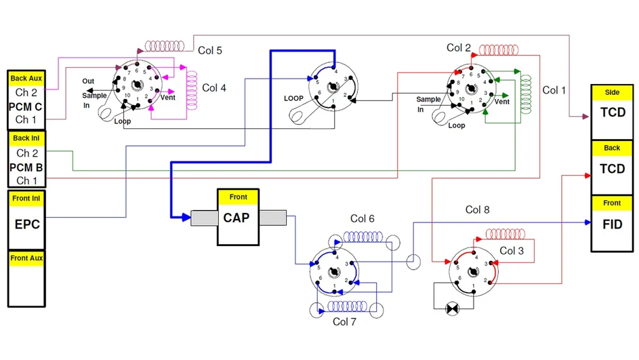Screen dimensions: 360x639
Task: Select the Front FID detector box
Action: [x=612, y=224]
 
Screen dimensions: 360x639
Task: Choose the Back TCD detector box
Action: [x=612, y=168]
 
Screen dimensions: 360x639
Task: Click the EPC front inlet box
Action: [x=28, y=223]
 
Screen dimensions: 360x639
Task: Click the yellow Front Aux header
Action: [x=28, y=258]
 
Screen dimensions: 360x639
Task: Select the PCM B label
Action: [x=26, y=167]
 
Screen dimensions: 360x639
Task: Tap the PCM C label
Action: [x=26, y=106]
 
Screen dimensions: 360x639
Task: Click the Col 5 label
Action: [x=210, y=50]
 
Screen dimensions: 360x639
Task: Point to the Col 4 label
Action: [x=215, y=87]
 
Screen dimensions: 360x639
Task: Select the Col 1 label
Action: [x=554, y=90]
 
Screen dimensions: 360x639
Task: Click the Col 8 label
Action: [x=477, y=210]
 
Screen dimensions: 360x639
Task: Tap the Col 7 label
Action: [x=344, y=321]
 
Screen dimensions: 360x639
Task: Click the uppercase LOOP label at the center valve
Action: [x=293, y=98]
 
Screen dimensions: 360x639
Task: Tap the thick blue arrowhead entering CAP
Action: [x=185, y=218]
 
